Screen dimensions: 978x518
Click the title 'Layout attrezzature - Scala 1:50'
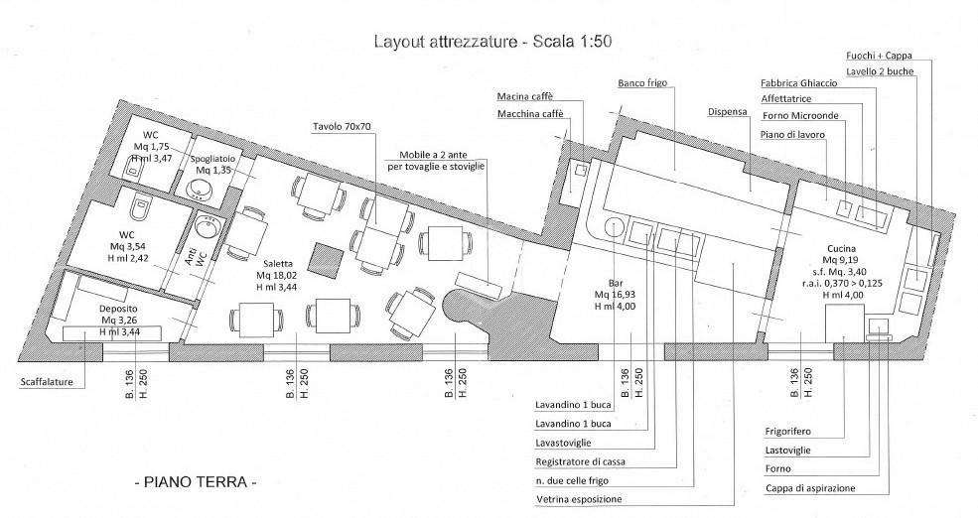point(492,42)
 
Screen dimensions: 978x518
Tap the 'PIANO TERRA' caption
point(196,482)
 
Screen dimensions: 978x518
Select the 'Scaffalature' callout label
point(47,382)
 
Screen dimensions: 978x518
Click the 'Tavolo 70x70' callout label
point(342,127)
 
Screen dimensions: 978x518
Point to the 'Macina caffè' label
point(525,96)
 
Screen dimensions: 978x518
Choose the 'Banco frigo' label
point(642,83)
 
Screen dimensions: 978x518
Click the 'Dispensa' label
point(727,112)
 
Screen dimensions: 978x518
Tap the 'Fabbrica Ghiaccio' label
point(799,83)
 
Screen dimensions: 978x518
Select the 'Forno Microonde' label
point(801,116)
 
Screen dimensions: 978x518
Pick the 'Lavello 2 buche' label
point(880,71)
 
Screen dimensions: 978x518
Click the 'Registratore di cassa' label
point(580,461)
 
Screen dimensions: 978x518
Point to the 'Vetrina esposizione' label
point(579,499)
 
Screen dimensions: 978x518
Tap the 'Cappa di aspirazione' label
point(810,488)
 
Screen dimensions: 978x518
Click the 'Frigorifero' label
point(787,432)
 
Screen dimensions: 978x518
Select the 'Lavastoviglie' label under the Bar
point(563,443)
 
